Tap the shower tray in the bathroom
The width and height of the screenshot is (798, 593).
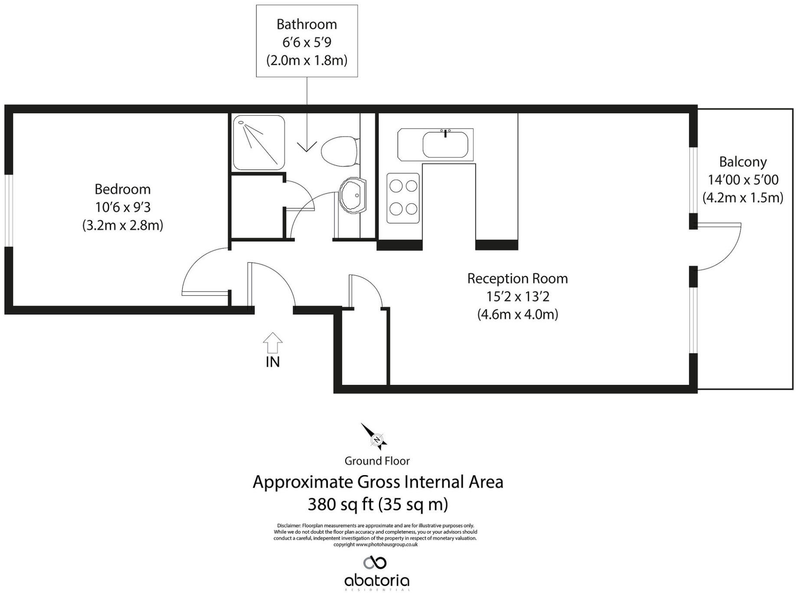259,143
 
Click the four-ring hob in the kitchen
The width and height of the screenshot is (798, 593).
403,198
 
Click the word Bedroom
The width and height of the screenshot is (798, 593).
123,189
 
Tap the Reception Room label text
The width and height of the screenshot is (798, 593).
517,278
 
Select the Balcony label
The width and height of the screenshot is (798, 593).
742,162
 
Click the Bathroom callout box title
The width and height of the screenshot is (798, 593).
307,24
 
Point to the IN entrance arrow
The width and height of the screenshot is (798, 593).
272,343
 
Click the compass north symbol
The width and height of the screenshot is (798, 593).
376,438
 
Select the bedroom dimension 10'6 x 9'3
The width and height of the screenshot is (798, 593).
123,208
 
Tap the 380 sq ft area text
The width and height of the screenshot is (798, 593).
377,504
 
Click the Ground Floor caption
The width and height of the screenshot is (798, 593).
377,461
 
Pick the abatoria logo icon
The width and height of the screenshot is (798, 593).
375,563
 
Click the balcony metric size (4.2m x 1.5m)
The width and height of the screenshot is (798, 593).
742,198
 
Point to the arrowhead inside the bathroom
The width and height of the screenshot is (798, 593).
307,147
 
